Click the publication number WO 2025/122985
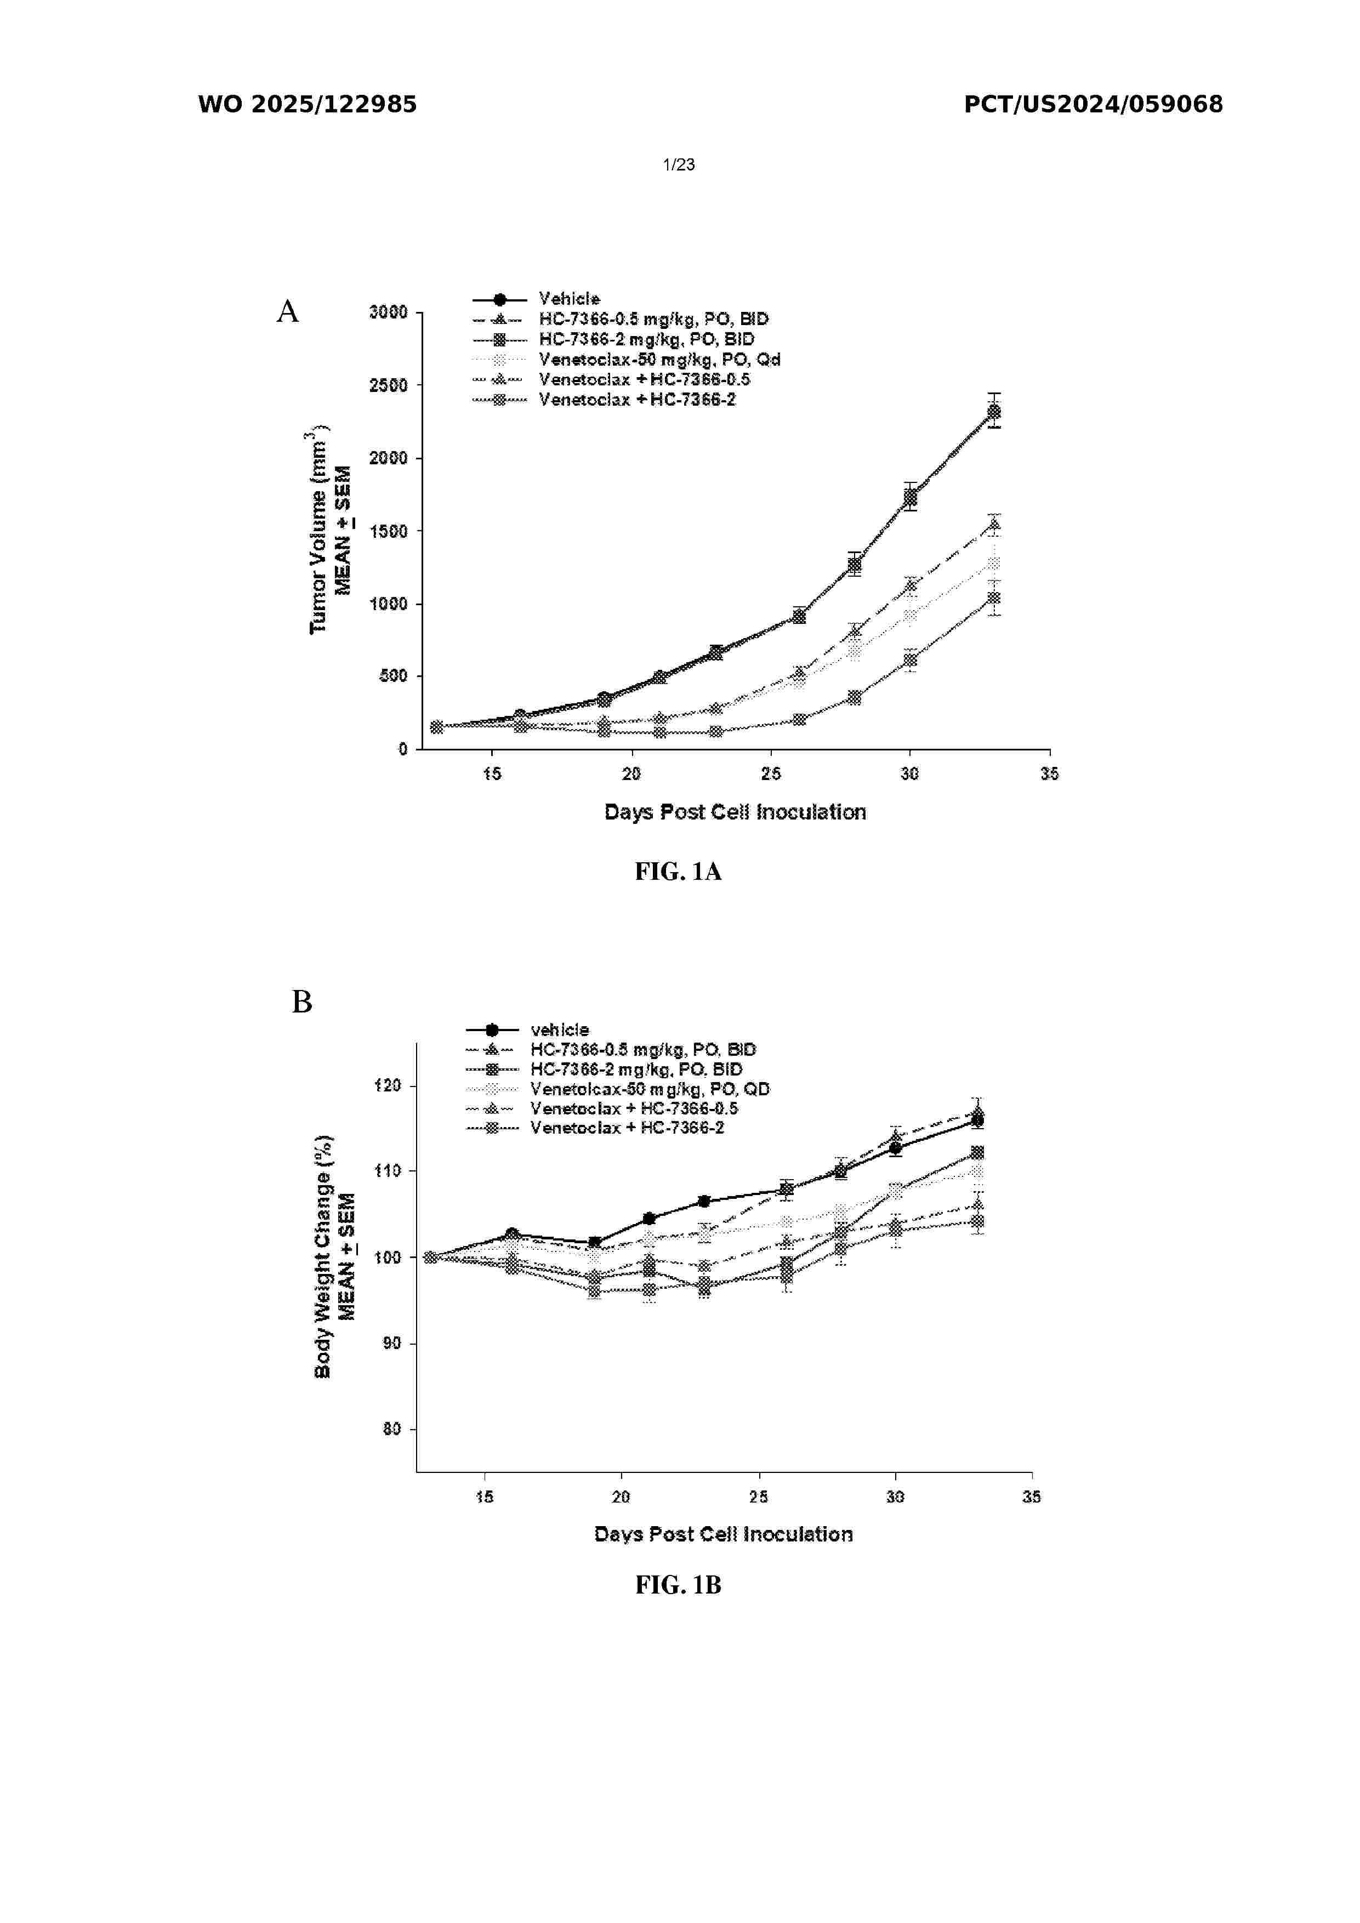(308, 105)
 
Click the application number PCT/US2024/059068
(1093, 105)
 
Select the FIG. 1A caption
(678, 872)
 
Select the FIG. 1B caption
(678, 1585)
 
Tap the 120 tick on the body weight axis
(388, 1085)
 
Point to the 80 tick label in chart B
(392, 1429)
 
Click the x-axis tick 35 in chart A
(1049, 774)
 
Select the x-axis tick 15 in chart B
(484, 1497)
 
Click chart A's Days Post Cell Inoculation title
(735, 812)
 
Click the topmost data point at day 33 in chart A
(994, 411)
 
